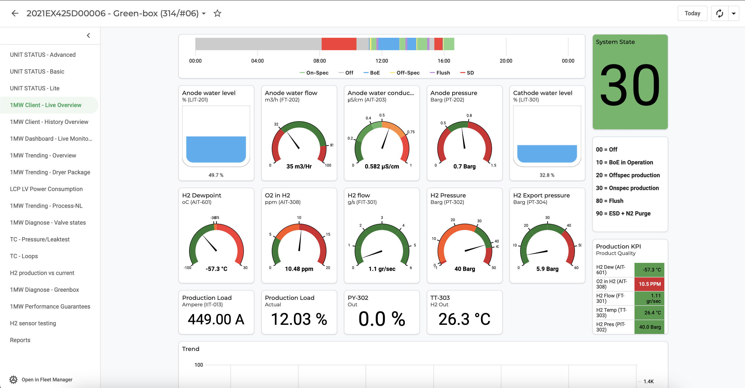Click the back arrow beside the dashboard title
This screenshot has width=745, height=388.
pos(15,13)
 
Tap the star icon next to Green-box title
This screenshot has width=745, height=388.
pos(217,13)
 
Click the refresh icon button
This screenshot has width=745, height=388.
pos(720,13)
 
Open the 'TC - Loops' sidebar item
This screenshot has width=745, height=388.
pos(24,256)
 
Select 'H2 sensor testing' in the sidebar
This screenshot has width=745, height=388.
pos(33,323)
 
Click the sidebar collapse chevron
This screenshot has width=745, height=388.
pos(89,36)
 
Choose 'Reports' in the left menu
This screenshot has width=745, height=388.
pos(20,340)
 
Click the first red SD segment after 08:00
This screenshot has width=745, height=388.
pos(339,44)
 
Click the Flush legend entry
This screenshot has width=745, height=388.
pos(440,73)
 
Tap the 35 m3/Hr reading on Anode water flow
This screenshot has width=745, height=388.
pos(299,166)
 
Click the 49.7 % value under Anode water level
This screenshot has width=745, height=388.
pos(216,175)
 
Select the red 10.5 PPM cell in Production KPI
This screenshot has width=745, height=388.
pos(649,284)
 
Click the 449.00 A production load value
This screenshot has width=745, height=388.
pos(216,319)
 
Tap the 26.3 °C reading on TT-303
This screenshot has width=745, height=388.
pos(464,319)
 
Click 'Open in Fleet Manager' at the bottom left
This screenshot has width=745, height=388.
pos(47,379)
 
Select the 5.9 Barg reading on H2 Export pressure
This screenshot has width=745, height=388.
pos(547,269)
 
